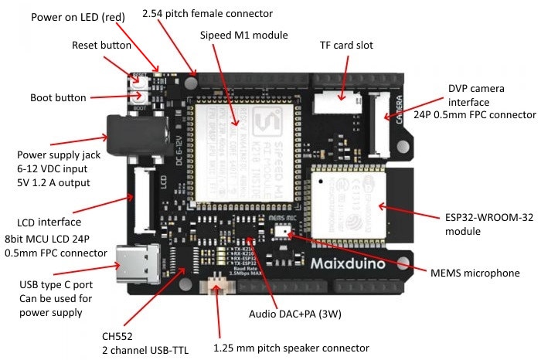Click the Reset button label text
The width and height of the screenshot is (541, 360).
tap(101, 46)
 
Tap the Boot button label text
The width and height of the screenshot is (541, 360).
tap(58, 98)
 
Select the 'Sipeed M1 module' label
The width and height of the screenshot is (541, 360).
tap(243, 36)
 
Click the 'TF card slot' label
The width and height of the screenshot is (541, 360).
tap(346, 46)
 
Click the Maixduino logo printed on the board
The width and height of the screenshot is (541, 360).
tap(353, 263)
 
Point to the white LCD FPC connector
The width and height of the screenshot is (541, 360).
tap(145, 200)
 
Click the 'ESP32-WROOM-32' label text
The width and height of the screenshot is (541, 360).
tap(477, 218)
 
